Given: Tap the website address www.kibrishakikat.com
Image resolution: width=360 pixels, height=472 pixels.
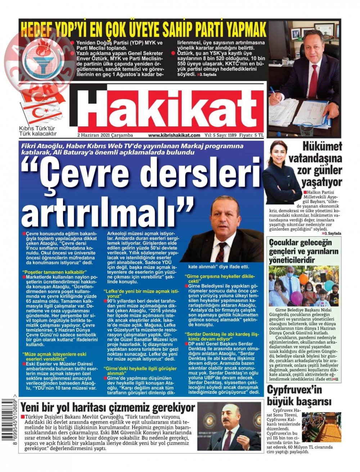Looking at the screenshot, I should point(174,135).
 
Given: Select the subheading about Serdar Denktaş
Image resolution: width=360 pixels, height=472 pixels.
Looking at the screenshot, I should point(222,337).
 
